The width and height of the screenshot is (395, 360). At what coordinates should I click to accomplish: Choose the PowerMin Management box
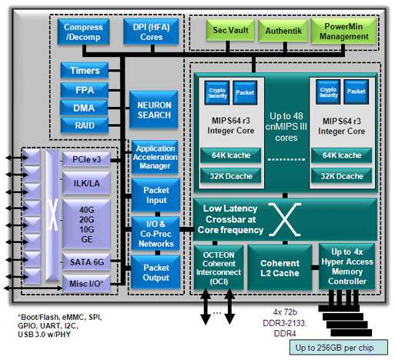coord(343,32)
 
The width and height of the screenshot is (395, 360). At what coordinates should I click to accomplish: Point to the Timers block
coord(85,71)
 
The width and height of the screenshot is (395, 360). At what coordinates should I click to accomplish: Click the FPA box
coord(85,90)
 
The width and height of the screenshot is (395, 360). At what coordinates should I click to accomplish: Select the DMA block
coord(85,108)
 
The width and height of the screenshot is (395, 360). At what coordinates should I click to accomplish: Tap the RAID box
coord(85,125)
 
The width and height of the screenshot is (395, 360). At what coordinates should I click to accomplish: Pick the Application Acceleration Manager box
coord(156,156)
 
